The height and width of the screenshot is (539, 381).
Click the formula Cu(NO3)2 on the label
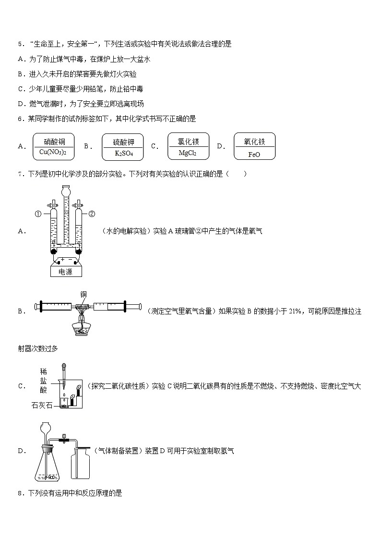[53, 153]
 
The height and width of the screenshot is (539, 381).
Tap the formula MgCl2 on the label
[188, 153]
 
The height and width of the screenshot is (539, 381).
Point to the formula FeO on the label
[254, 154]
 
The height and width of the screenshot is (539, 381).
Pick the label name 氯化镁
[188, 142]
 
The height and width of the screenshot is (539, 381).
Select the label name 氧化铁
[254, 142]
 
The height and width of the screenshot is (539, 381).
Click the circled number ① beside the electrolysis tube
[37, 214]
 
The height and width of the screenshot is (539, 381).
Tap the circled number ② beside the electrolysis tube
[92, 214]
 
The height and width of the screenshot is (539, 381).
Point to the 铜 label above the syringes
[83, 294]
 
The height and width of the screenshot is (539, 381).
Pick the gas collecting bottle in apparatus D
[82, 465]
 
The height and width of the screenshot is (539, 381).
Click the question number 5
[20, 44]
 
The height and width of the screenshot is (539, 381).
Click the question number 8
[20, 492]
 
